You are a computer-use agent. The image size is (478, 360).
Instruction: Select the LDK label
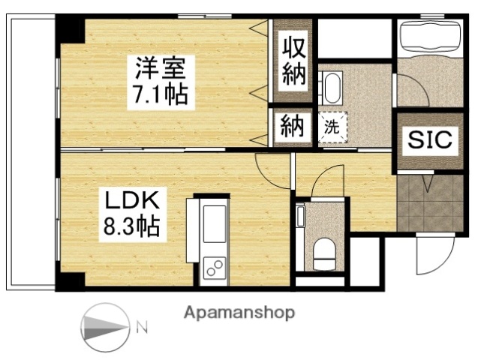[x=130, y=201]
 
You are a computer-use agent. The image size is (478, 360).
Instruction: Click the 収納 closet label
[x=294, y=61]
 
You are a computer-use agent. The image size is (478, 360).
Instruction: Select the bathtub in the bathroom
[x=428, y=37]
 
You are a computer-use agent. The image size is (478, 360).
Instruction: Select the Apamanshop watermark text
[x=239, y=313]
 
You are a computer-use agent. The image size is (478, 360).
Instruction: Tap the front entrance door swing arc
[x=439, y=255]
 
